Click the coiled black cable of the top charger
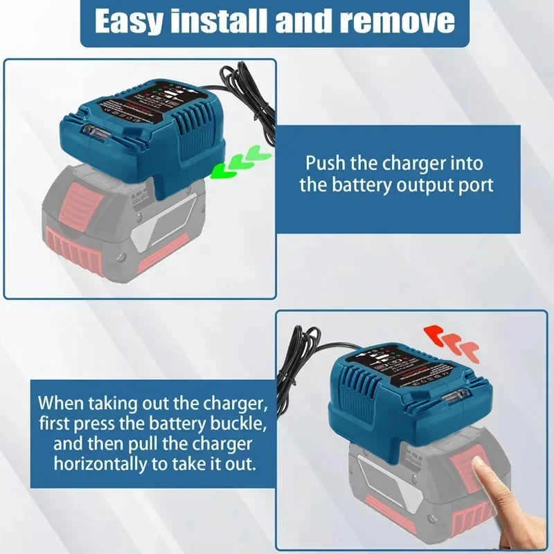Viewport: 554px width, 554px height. click(246, 90)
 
